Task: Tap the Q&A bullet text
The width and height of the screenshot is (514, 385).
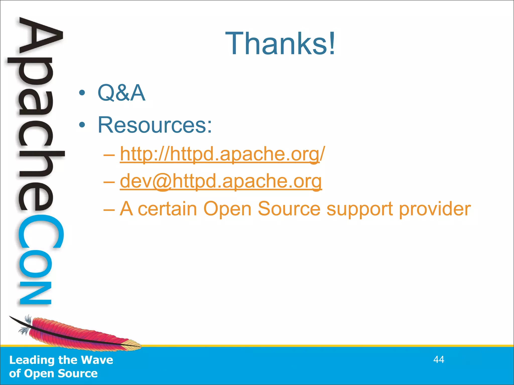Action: click(121, 93)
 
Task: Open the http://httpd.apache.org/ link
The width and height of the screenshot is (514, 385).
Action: click(222, 154)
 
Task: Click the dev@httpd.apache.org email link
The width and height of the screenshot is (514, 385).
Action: click(221, 181)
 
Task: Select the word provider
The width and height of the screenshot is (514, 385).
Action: click(435, 209)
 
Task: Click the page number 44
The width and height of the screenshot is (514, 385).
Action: click(439, 360)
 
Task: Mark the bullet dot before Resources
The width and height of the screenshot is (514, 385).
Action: click(82, 125)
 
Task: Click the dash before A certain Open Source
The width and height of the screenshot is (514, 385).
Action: click(109, 209)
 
